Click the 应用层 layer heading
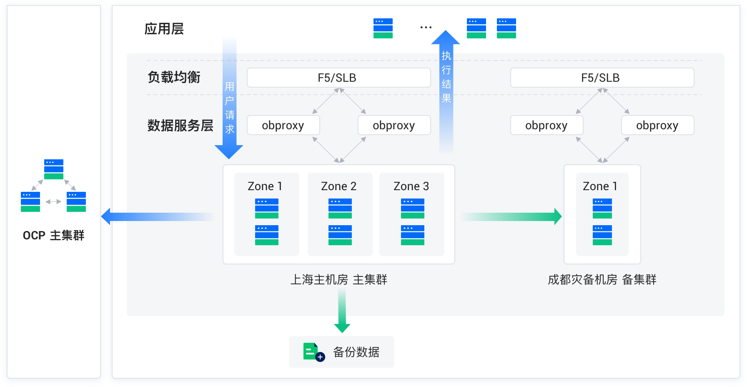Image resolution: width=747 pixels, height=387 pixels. [x=164, y=29]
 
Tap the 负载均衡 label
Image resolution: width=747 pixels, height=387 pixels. [x=174, y=77]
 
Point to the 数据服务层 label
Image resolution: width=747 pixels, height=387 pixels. [x=180, y=125]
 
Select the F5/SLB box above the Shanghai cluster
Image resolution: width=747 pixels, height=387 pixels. [x=338, y=78]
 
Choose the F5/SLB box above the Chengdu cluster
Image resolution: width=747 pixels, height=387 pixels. [x=602, y=78]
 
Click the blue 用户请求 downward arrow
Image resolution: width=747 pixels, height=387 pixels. [x=229, y=100]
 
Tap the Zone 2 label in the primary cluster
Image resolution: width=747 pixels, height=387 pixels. [x=339, y=186]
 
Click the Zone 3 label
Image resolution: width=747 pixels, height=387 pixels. [x=411, y=186]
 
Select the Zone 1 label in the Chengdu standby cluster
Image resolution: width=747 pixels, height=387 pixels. [x=600, y=186]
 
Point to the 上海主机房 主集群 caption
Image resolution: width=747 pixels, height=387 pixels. [x=338, y=279]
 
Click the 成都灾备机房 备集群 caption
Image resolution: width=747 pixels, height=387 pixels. [x=602, y=279]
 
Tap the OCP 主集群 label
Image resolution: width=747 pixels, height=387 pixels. [x=53, y=236]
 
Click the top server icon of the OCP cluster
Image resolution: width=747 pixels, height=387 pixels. [x=54, y=169]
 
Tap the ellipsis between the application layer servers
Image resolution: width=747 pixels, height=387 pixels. [x=426, y=28]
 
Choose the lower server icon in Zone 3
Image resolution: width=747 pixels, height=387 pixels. [x=412, y=235]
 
